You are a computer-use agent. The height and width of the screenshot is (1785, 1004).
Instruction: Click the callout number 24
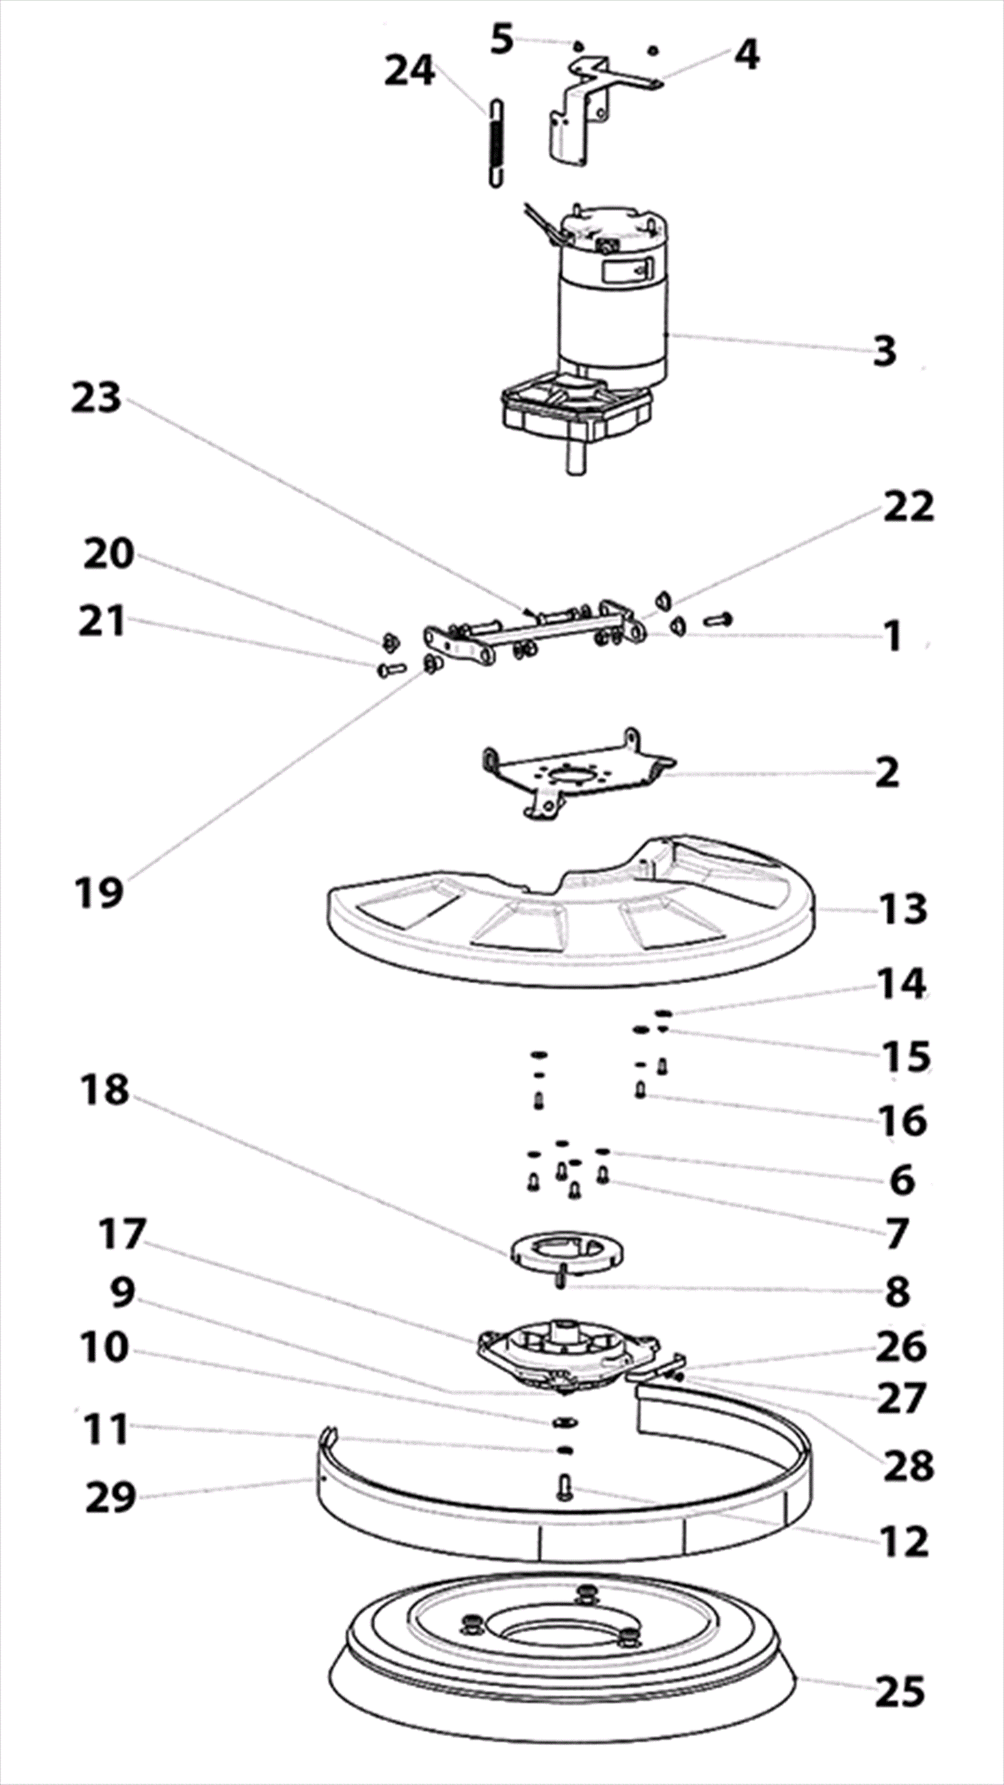pos(410,72)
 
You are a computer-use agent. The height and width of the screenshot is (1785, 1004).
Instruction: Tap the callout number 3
pos(885,351)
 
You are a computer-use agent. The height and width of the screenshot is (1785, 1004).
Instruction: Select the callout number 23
pos(96,398)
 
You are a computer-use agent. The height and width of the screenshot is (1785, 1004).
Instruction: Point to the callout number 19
pos(99,892)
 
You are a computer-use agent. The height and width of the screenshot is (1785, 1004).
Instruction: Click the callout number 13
pos(904,908)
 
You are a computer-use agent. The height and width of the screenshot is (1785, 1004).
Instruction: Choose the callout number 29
pos(111,1499)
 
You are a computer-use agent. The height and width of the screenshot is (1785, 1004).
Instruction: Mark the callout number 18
pos(105,1090)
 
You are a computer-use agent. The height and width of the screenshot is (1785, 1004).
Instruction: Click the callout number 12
pos(904,1542)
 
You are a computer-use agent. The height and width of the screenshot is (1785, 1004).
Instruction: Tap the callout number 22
pos(909,506)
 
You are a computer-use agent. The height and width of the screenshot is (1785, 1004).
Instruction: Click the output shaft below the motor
pos(574,457)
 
